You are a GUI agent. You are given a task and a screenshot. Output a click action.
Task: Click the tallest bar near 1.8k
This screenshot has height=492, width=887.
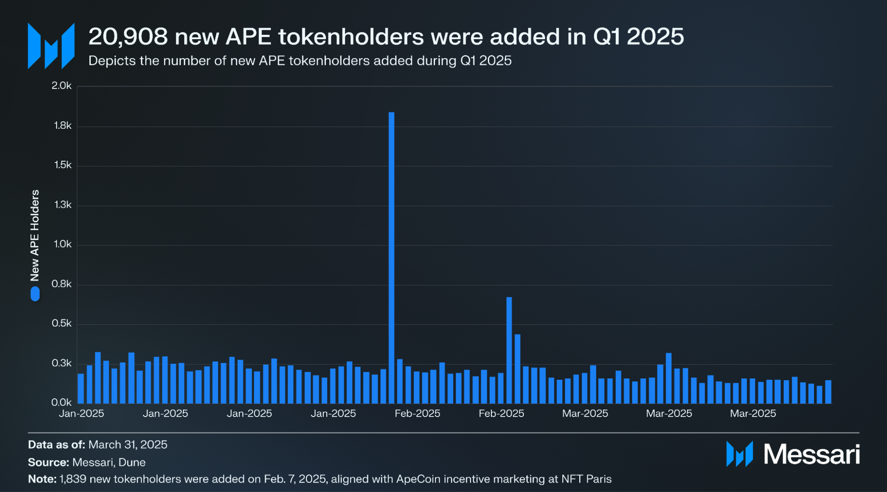(x=391, y=257)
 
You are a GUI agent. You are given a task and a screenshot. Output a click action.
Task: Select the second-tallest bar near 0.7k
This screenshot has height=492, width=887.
(x=509, y=350)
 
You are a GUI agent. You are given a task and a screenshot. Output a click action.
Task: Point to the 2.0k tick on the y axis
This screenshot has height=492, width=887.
(x=62, y=86)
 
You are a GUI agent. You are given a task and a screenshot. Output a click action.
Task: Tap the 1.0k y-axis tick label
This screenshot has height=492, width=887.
(x=63, y=244)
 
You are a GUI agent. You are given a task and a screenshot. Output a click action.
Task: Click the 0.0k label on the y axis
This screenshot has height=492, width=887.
(x=62, y=402)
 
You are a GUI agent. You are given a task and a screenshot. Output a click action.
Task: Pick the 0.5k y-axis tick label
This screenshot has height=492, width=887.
(x=62, y=323)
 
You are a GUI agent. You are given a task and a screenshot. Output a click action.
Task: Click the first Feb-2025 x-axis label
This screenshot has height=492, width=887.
(x=417, y=413)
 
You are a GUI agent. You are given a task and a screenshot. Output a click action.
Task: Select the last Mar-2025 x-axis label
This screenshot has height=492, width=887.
(x=753, y=413)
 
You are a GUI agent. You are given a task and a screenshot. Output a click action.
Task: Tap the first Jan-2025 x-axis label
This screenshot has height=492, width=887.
(x=82, y=413)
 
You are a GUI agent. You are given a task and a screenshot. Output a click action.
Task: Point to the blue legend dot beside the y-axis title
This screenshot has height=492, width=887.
(x=35, y=294)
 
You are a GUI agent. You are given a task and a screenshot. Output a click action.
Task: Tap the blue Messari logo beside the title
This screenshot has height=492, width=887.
(x=51, y=46)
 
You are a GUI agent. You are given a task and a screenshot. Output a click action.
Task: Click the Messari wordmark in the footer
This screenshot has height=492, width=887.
(x=811, y=454)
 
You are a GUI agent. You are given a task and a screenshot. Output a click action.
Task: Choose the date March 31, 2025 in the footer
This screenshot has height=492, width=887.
(x=128, y=444)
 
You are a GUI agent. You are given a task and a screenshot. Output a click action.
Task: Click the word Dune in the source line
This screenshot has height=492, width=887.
(x=132, y=462)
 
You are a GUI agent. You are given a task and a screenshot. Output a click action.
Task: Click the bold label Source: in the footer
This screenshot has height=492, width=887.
(x=48, y=462)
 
